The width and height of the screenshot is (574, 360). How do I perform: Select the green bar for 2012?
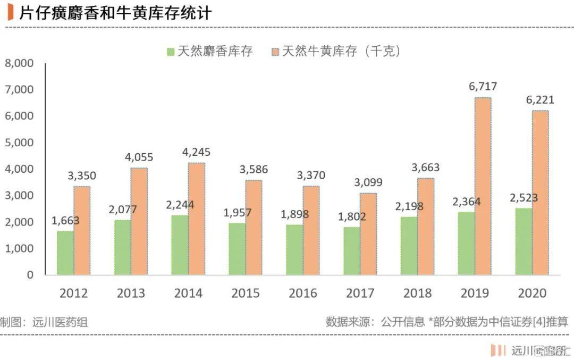click(66, 253)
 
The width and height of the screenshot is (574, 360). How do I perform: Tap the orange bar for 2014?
click(197, 219)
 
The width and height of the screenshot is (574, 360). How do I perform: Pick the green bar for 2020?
click(524, 241)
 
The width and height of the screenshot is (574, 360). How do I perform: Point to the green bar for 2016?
click(294, 249)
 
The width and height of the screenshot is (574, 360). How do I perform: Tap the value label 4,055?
click(139, 157)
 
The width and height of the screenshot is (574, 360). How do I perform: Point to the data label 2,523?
click(524, 198)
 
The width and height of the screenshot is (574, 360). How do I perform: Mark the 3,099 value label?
click(368, 182)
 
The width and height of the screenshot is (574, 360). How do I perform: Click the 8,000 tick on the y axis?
click(19, 63)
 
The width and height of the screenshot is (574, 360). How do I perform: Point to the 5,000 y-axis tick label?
click(19, 143)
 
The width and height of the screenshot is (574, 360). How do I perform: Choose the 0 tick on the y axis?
click(30, 275)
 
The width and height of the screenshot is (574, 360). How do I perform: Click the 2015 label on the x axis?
click(246, 294)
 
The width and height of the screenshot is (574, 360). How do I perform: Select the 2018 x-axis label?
click(417, 294)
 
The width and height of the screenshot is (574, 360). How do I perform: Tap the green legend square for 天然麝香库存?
click(171, 52)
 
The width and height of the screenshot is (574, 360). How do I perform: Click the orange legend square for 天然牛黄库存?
click(275, 52)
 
